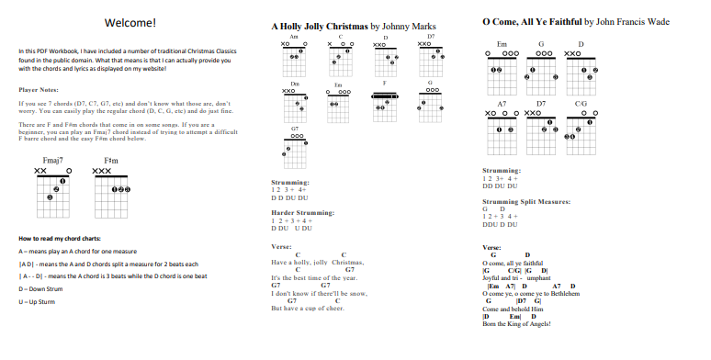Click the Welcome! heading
[x=130, y=22]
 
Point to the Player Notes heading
[x=38, y=90]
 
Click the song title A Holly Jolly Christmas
[x=321, y=28]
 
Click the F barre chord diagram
[x=385, y=103]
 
